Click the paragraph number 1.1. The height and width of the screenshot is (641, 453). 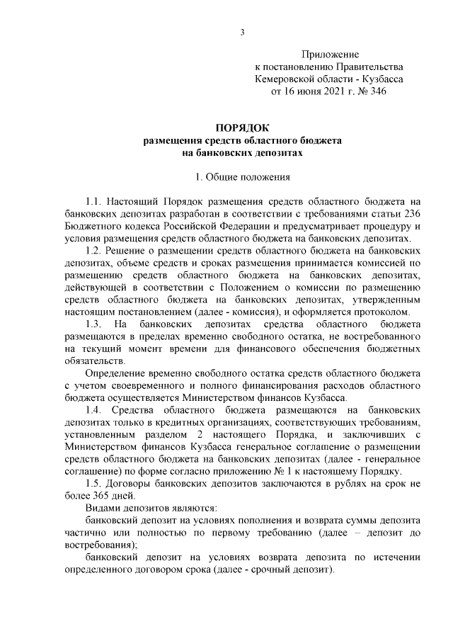click(93, 201)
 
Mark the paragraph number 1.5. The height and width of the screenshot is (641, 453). click(93, 482)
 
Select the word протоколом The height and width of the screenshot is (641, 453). click(383, 311)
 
